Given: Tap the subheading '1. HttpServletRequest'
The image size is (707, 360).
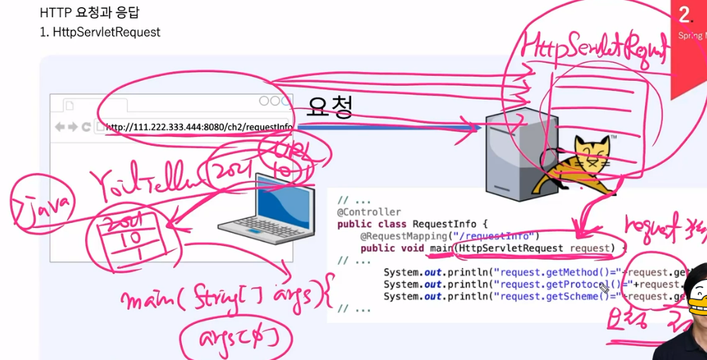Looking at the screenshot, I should tap(100, 32).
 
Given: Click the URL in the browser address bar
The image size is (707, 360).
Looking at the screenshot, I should tap(199, 128).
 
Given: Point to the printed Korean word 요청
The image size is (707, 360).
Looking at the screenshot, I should tap(330, 108).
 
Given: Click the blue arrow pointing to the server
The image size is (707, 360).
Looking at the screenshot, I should tap(390, 128).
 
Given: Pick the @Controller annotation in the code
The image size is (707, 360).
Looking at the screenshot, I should tap(369, 212).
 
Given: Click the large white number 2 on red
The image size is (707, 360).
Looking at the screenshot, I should tap(685, 14).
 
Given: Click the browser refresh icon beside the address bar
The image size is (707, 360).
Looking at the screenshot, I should tap(86, 128).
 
